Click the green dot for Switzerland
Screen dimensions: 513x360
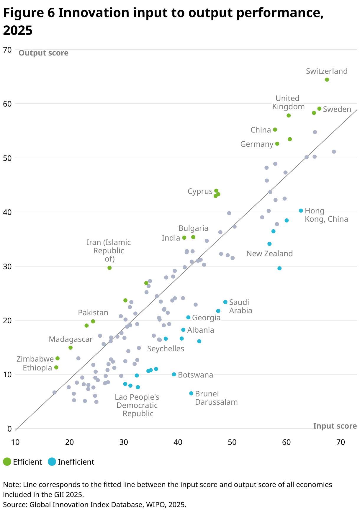coord(327,80)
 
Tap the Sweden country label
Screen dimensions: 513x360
coord(337,110)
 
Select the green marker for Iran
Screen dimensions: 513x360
coord(109,268)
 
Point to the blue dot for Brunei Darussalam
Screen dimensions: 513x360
coord(191,393)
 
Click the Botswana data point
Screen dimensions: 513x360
coord(174,374)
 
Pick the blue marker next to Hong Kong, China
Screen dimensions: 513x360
coord(301,210)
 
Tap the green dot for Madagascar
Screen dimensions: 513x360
coord(71,348)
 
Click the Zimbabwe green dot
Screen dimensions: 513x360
coord(58,358)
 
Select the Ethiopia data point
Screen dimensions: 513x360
coord(56,367)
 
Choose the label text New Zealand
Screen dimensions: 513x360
coord(269,254)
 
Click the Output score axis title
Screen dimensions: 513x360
coord(43,53)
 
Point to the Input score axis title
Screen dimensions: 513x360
coord(335,426)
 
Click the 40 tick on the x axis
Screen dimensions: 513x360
coord(178,442)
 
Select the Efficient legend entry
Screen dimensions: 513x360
coord(23,462)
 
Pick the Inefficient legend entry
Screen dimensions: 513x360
coord(71,462)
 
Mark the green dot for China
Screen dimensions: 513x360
coord(275,130)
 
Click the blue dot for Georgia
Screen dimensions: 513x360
coord(188,317)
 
